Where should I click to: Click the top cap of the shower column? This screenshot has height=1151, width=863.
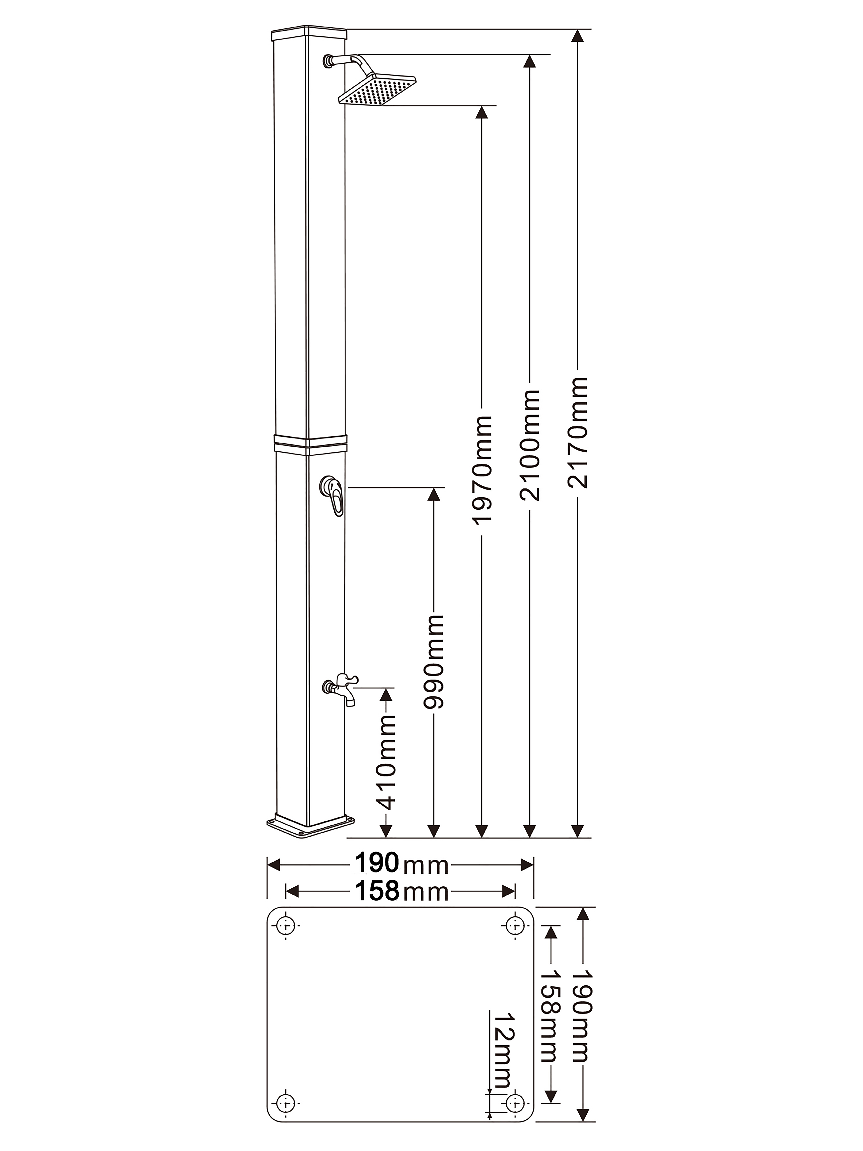coord(309,35)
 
